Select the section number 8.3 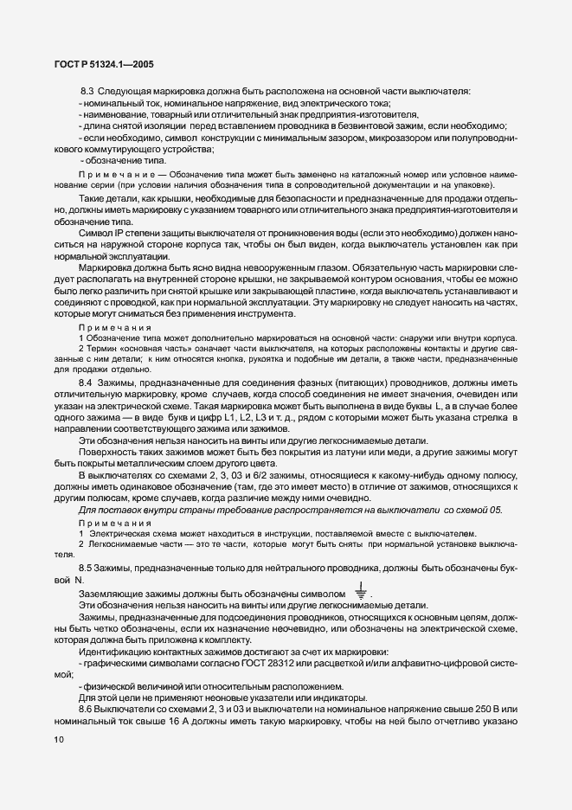point(87,92)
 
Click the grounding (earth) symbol point(359,593)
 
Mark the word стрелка point(490,418)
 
